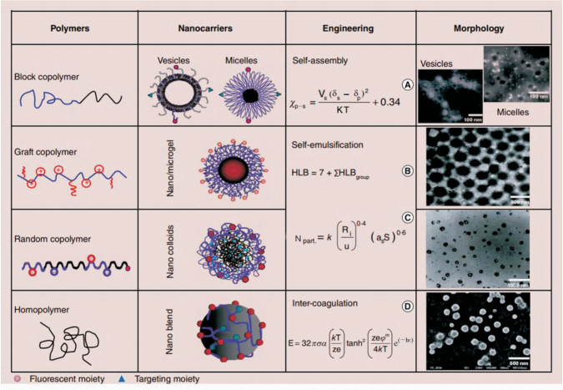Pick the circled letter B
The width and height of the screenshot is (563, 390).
pyautogui.click(x=408, y=172)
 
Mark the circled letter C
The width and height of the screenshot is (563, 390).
pyautogui.click(x=408, y=219)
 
